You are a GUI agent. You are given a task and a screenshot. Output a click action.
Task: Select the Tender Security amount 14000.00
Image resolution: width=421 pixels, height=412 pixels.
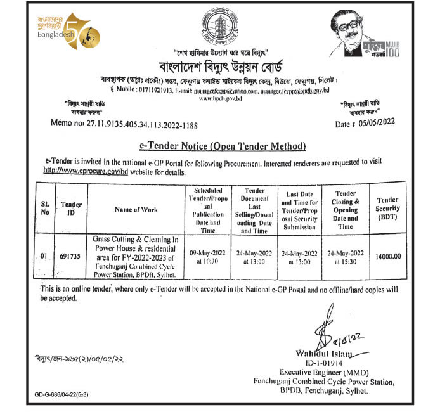(388, 256)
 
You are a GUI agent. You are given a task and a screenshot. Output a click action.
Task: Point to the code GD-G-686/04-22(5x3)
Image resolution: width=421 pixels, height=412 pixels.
(62, 394)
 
